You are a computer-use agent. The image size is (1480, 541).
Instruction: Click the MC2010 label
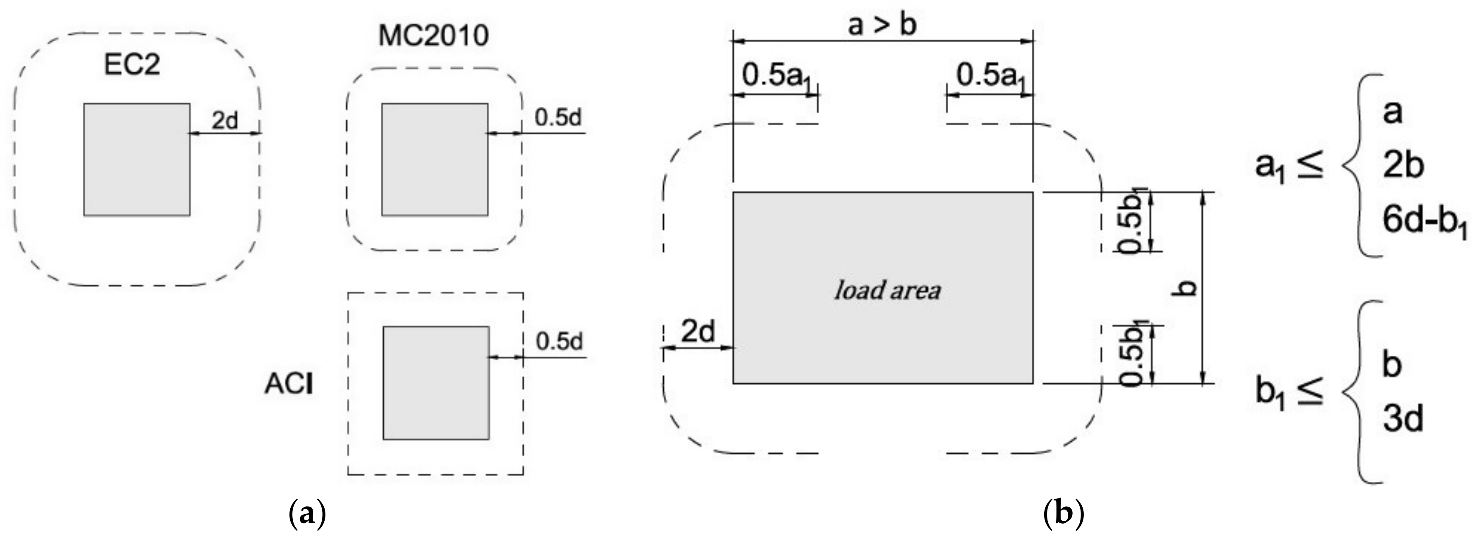click(433, 36)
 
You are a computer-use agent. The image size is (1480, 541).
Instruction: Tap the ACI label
click(289, 384)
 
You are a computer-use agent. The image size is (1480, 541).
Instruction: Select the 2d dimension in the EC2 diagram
click(225, 121)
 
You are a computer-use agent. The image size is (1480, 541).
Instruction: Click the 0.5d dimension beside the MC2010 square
click(558, 117)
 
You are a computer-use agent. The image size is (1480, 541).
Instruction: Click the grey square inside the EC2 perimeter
click(137, 160)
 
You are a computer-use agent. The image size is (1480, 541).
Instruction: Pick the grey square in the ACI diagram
click(436, 383)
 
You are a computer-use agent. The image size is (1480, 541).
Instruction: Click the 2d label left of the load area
click(698, 332)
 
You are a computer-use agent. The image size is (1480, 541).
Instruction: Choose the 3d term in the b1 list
click(1402, 419)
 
